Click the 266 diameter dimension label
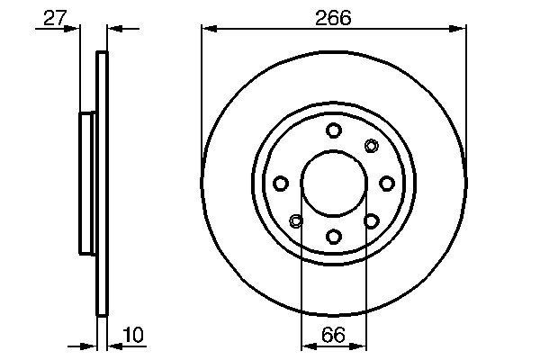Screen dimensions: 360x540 333,17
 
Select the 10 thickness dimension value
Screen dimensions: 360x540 132,335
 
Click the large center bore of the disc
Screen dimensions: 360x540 333,184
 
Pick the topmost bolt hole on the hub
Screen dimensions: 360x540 333,130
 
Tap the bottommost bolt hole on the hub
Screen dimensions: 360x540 333,236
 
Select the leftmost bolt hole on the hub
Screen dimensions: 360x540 281,184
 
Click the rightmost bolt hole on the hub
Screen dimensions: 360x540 386,184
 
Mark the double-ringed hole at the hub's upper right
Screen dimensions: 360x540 371,146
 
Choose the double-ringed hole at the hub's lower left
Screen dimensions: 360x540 296,220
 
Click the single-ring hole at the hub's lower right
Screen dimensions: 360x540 371,220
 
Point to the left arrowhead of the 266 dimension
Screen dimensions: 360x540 207,30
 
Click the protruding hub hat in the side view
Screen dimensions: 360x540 87,184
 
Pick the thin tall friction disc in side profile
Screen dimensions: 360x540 102,184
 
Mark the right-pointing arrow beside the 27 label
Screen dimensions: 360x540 74,30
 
